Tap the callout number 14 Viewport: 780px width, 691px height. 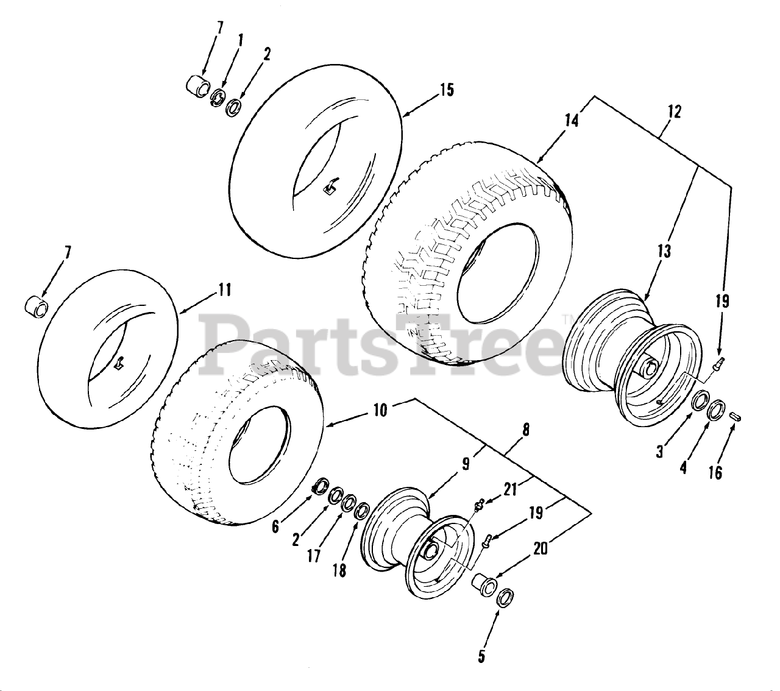tap(570, 121)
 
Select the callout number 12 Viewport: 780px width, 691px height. tap(674, 112)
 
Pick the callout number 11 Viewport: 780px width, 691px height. tap(224, 290)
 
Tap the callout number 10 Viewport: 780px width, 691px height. tap(379, 410)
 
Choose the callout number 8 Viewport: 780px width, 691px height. tap(525, 431)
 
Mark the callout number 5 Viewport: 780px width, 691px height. tap(481, 656)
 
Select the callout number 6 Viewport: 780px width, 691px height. tap(275, 526)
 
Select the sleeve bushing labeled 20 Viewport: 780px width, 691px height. tap(483, 584)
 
